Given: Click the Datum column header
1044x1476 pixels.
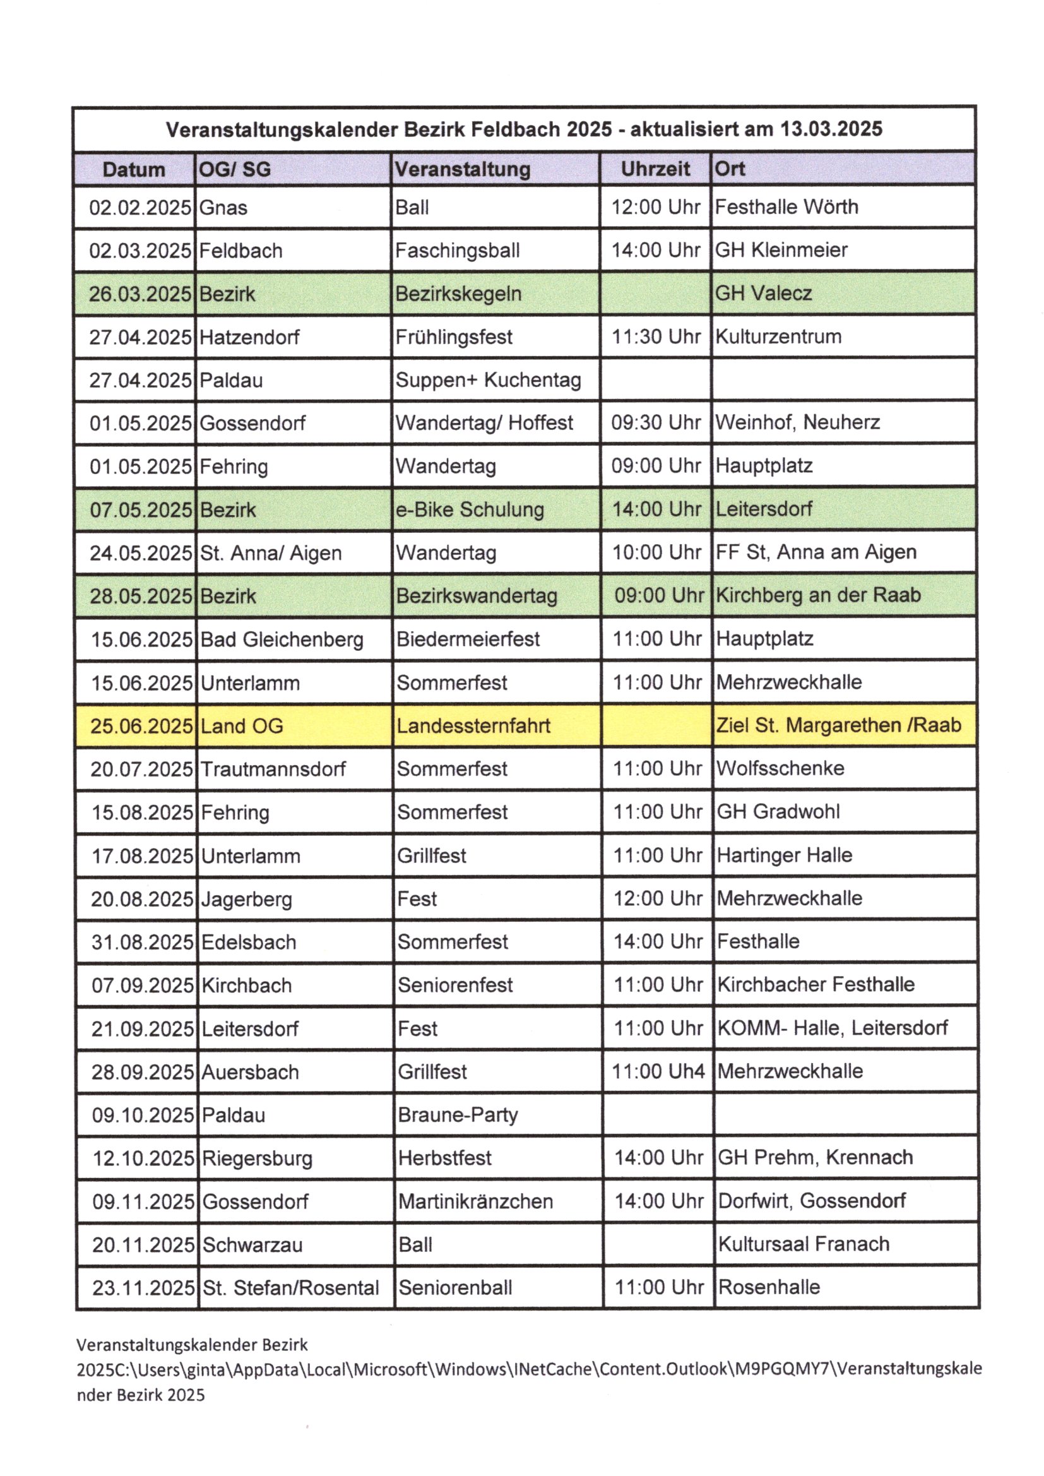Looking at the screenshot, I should [x=134, y=170].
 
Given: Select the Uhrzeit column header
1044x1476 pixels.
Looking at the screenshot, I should [x=655, y=169].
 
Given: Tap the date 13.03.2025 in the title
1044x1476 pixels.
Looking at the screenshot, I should [x=831, y=129].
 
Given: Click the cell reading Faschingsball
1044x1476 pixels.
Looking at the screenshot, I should [x=457, y=250].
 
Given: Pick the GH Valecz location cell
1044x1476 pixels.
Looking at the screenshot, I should [x=763, y=293].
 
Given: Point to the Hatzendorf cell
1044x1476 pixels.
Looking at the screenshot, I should [x=249, y=337].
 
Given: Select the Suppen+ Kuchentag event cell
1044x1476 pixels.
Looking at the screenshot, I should [x=488, y=380].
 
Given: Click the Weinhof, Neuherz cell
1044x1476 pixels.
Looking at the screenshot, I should [x=797, y=422].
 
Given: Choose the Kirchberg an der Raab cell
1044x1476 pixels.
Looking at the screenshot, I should [x=817, y=595].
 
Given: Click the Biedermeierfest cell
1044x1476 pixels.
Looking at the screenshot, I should [x=468, y=639].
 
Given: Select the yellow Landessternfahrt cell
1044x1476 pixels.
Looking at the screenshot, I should [x=473, y=726].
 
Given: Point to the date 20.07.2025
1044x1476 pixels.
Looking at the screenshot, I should [x=141, y=769].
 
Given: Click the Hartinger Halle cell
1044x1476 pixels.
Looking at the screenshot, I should [x=785, y=855].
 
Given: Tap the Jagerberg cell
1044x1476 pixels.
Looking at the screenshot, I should [x=246, y=899].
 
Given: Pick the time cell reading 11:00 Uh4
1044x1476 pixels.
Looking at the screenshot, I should [x=658, y=1071].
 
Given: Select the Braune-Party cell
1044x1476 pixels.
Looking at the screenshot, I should [x=458, y=1115].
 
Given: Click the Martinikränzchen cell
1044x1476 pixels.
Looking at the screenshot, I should [x=475, y=1201].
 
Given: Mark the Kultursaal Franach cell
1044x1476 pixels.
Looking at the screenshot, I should [x=804, y=1244].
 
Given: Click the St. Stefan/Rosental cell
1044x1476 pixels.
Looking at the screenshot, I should [x=290, y=1288].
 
